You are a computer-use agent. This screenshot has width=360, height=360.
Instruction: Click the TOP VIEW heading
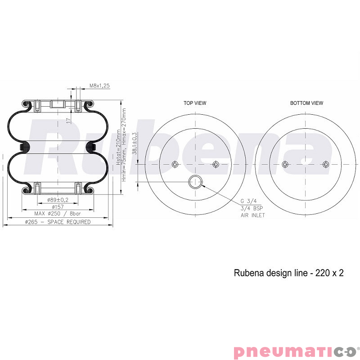click(195, 103)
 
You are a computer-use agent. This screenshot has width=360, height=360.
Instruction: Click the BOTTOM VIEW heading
click(306, 103)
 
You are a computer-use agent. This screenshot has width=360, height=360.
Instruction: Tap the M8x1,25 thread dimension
click(99, 85)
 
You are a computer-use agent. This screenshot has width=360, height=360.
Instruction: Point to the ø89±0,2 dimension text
click(58, 200)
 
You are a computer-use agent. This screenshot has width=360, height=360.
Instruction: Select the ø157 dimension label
click(58, 207)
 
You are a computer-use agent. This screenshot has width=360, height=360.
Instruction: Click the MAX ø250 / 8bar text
click(58, 213)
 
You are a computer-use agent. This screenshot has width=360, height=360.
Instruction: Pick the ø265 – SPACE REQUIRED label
click(58, 222)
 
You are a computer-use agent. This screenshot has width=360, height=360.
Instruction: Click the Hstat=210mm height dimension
click(118, 147)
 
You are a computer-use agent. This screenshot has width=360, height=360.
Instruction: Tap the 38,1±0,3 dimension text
click(135, 143)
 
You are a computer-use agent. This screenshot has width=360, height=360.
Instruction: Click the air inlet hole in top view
click(195, 182)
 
